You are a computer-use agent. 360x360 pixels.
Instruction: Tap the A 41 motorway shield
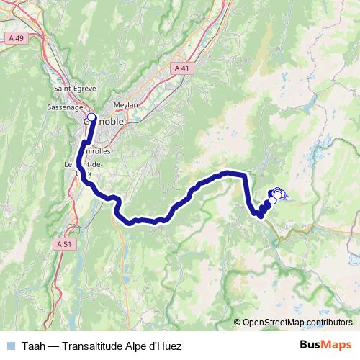[183, 67]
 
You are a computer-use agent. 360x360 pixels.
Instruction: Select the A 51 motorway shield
[64, 244]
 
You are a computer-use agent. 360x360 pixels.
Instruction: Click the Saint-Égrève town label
[71, 89]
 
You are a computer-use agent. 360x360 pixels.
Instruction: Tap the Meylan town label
[125, 104]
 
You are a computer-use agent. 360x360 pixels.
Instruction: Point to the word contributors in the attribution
[331, 323]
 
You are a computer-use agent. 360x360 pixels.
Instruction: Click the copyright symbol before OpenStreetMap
[237, 323]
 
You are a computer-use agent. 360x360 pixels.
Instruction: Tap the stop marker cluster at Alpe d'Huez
[276, 193]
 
